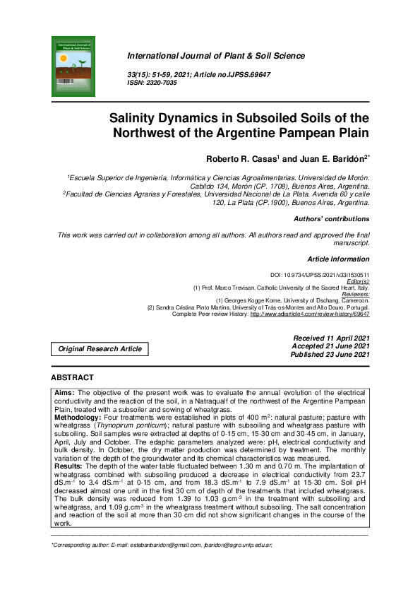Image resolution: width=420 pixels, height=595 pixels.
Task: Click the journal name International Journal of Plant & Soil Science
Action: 215,56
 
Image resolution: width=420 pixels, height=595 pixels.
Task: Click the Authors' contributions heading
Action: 331,219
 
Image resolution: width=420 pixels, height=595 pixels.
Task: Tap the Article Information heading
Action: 338,259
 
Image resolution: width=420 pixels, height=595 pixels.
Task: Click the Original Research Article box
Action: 100,348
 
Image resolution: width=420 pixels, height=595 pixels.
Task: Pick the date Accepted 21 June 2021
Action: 330,346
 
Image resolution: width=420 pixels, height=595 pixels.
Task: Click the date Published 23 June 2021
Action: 330,355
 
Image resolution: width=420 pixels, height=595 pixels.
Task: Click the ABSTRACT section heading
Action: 73,378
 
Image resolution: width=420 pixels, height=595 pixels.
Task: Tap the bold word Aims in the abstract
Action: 64,392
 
